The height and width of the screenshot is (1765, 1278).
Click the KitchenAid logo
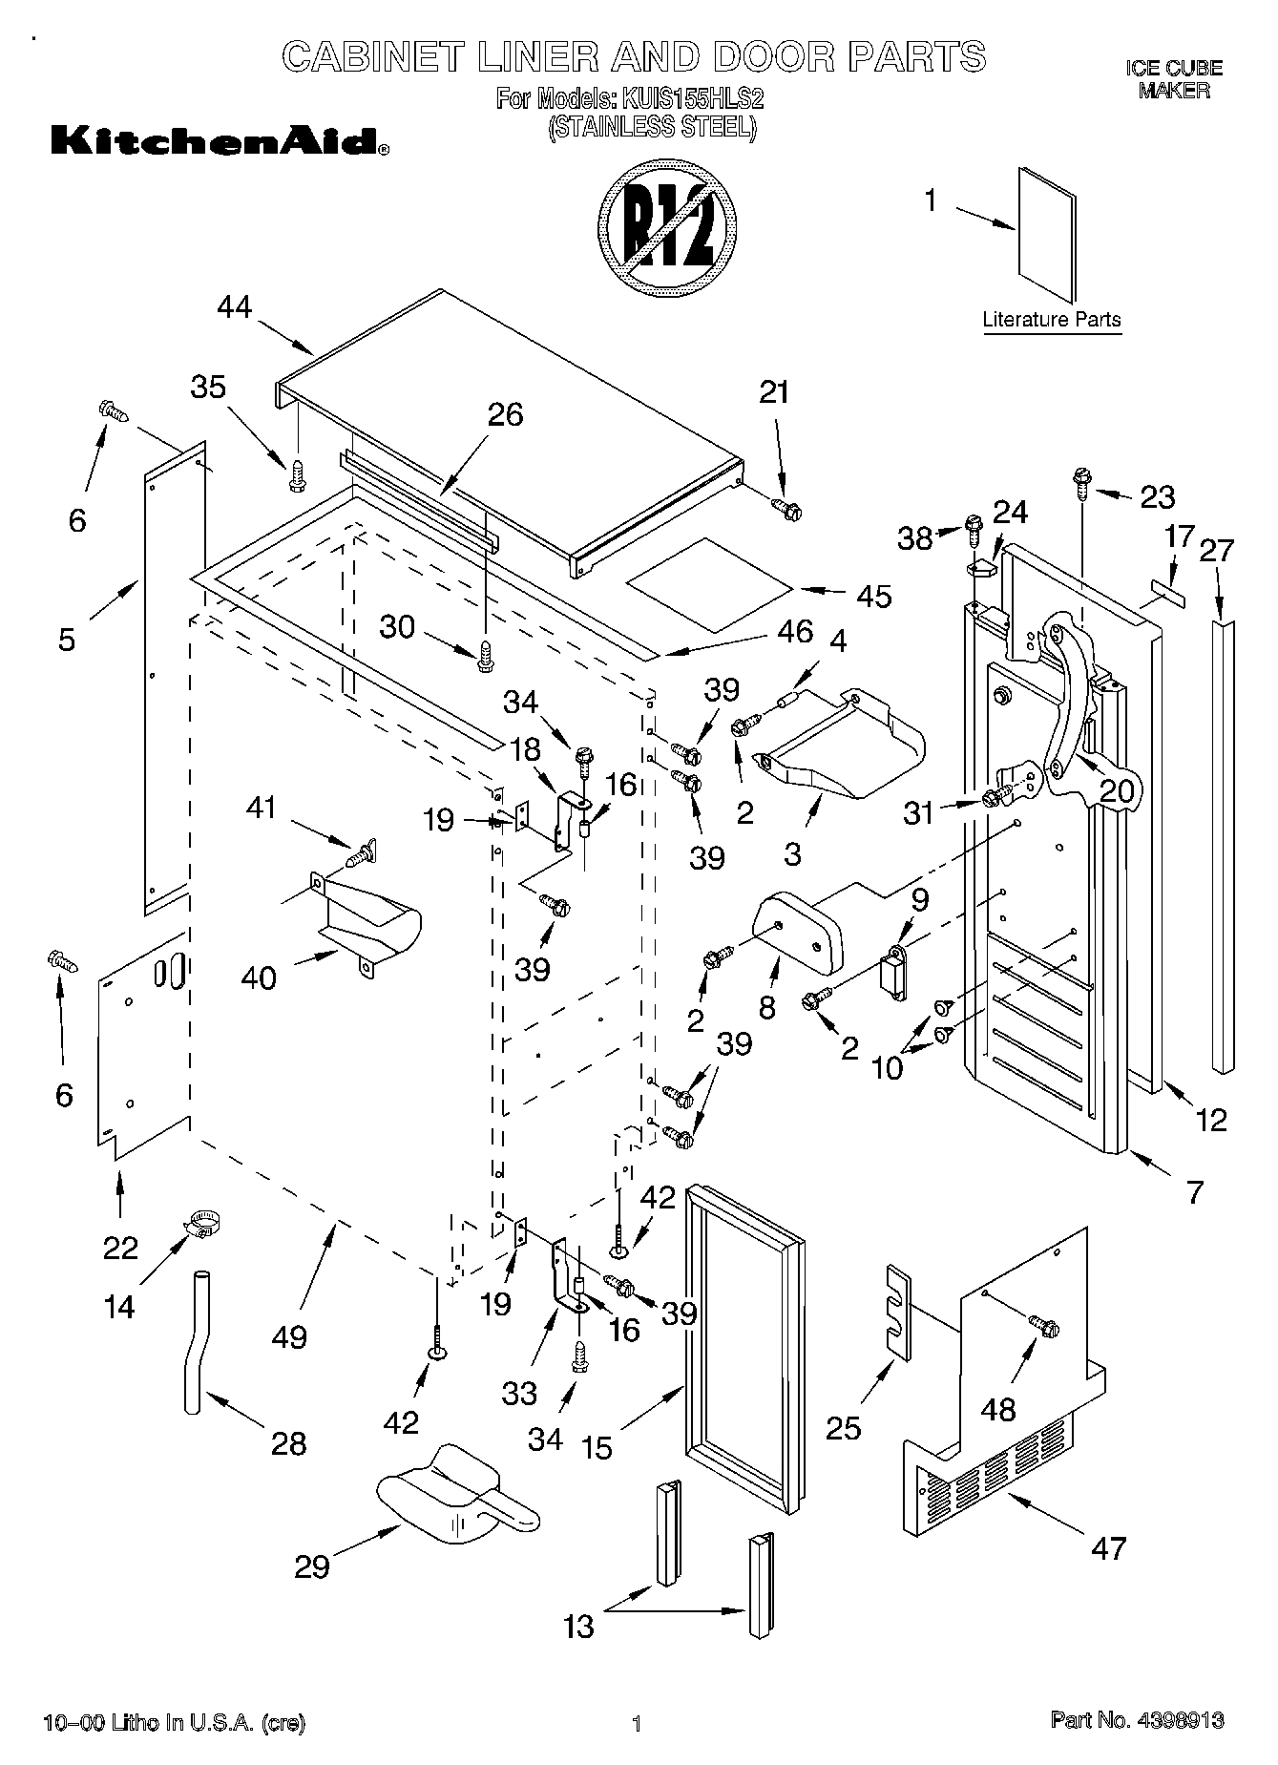pyautogui.click(x=219, y=141)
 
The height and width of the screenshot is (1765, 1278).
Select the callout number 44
pyautogui.click(x=234, y=307)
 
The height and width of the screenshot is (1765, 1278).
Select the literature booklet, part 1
pyautogui.click(x=1046, y=234)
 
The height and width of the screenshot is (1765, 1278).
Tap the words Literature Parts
pyautogui.click(x=1052, y=320)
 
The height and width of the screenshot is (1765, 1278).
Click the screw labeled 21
pyautogui.click(x=786, y=510)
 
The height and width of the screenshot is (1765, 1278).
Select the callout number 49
pyautogui.click(x=289, y=1335)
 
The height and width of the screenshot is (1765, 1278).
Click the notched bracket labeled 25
pyautogui.click(x=896, y=1309)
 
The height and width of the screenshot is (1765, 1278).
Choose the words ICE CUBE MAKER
pyautogui.click(x=1174, y=79)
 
